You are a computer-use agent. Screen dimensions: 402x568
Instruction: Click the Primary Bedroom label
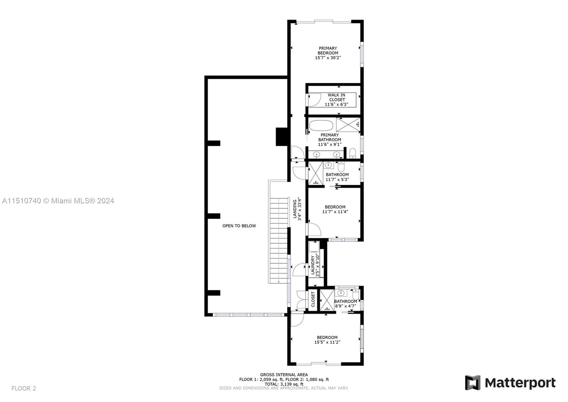tap(328, 50)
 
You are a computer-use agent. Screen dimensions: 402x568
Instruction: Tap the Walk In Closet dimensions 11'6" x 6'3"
tap(336, 104)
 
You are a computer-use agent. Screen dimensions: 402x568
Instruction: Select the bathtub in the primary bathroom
tap(321, 125)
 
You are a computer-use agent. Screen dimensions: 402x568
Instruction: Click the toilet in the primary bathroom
tap(353, 153)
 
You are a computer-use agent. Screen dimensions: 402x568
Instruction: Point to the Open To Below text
tap(239, 226)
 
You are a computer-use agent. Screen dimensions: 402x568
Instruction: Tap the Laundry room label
tap(313, 265)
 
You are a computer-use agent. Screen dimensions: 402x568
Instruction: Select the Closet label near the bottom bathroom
tap(313, 300)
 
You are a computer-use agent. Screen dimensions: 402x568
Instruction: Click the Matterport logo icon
tap(473, 382)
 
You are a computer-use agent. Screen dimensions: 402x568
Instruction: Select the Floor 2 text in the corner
tap(23, 388)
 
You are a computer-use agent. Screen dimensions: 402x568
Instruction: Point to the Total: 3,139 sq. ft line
tap(284, 384)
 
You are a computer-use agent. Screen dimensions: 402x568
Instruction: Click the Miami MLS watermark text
tap(58, 201)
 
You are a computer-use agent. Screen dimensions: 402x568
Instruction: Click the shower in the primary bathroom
tap(348, 125)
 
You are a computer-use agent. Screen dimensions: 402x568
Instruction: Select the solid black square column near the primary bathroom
tap(281, 136)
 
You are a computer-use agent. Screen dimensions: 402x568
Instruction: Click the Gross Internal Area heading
tap(284, 375)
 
